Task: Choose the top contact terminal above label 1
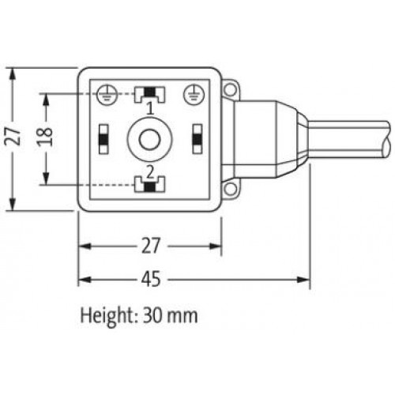[x=149, y=94]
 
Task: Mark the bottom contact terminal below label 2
[x=149, y=186]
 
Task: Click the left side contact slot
[x=103, y=139]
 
